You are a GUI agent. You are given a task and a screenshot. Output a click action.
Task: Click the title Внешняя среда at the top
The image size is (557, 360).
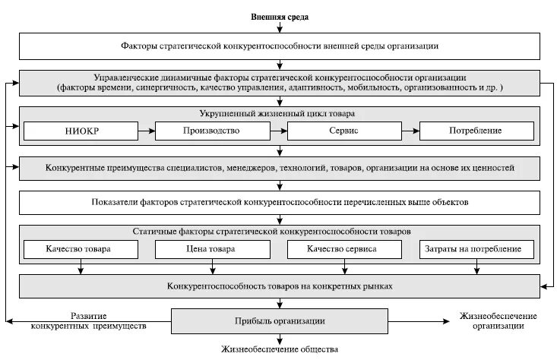(x=280, y=16)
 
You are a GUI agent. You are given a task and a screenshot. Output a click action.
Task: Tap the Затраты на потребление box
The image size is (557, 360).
(x=476, y=249)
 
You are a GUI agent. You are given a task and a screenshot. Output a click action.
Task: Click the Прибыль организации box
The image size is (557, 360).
(x=280, y=320)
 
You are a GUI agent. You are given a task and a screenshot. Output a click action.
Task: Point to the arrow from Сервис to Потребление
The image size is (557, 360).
(x=410, y=131)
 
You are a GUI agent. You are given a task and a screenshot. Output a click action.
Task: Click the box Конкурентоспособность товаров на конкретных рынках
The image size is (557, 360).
(x=280, y=286)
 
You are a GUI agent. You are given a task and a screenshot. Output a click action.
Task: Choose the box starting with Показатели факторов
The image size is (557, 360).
(x=280, y=203)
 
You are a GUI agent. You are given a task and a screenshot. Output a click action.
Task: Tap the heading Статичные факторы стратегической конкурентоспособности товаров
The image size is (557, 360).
(x=280, y=231)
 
